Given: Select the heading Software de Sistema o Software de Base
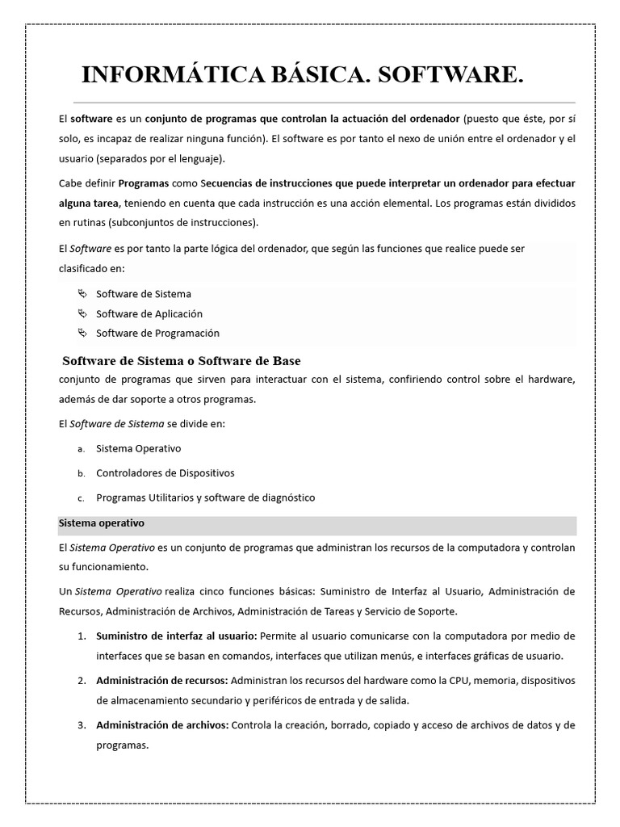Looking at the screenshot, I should pos(182,360).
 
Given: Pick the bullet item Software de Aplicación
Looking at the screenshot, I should pos(149,313).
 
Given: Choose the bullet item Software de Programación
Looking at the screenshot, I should pos(157,333).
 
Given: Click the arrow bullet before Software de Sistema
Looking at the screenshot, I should pos(81,294).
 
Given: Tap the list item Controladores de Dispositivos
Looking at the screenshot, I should pos(165,472).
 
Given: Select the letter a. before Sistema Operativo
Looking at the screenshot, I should pos(81,448).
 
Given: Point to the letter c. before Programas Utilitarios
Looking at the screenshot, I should pos(81,498).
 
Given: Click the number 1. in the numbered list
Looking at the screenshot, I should pos(82,636).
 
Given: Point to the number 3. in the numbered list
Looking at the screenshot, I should pos(82,724).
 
